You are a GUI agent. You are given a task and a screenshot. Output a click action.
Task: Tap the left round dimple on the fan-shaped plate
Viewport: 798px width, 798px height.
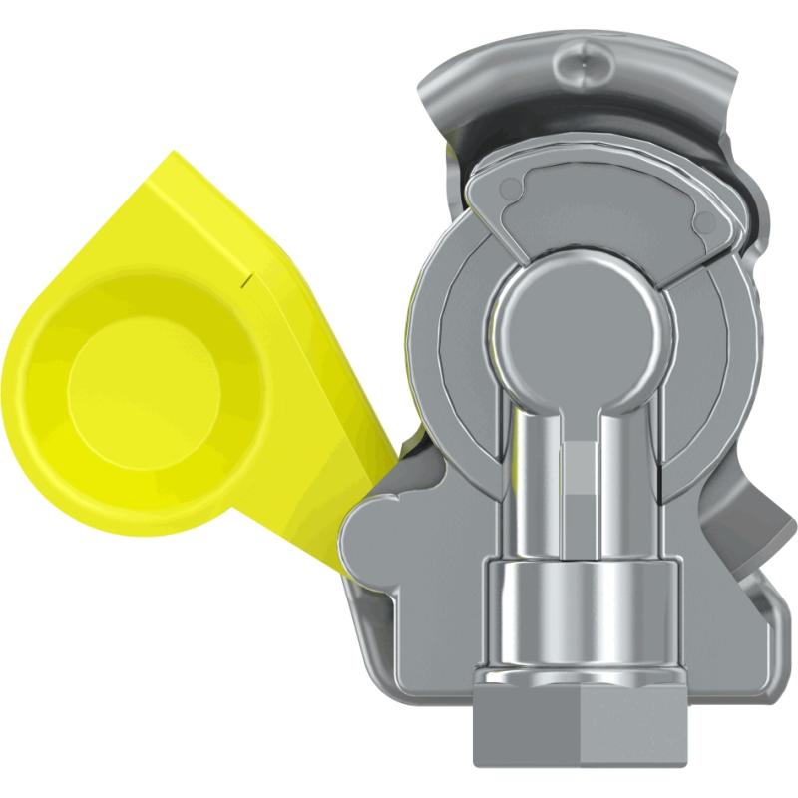pyautogui.click(x=513, y=188)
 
